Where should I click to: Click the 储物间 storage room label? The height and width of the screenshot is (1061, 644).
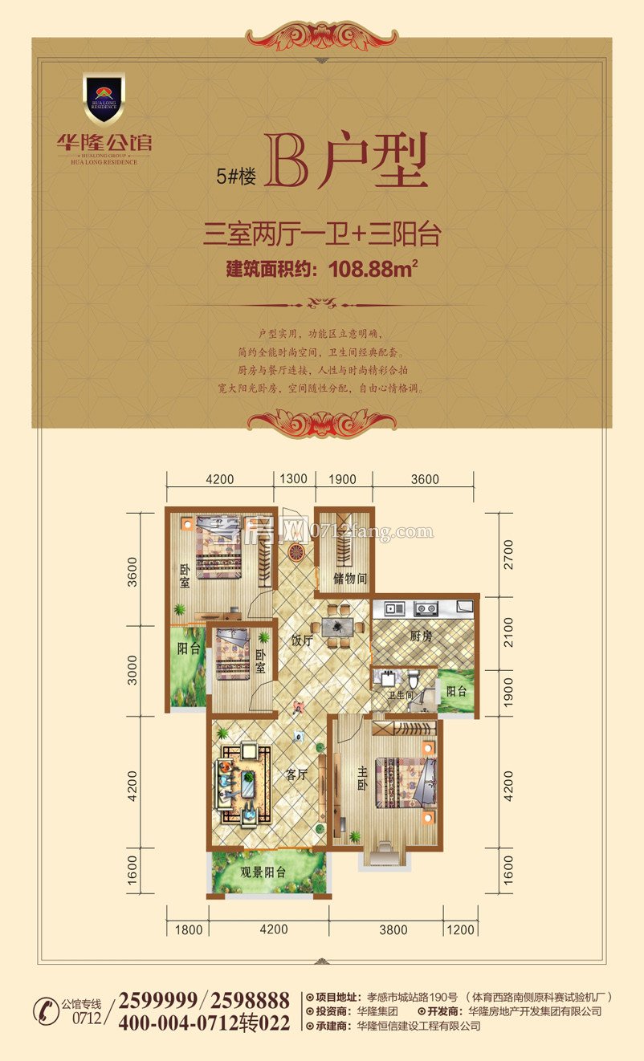[350, 578]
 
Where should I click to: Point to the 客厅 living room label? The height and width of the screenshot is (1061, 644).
[297, 775]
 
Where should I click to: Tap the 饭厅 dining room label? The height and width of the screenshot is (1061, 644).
[301, 640]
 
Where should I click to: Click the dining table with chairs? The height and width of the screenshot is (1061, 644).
[344, 625]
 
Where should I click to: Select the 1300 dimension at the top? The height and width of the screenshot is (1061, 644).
[293, 479]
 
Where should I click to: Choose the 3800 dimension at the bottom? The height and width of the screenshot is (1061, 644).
[393, 930]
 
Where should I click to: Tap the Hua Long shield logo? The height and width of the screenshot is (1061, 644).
[104, 99]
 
